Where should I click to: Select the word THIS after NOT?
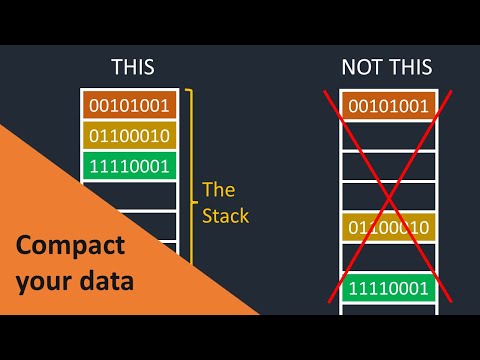tap(410, 68)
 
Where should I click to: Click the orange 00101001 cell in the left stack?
tap(128, 105)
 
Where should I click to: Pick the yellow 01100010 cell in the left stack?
tap(128, 135)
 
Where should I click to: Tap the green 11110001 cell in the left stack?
tap(128, 165)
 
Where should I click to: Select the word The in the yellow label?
tap(218, 188)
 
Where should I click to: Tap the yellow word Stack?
tap(225, 214)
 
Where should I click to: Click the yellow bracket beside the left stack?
tap(189, 150)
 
